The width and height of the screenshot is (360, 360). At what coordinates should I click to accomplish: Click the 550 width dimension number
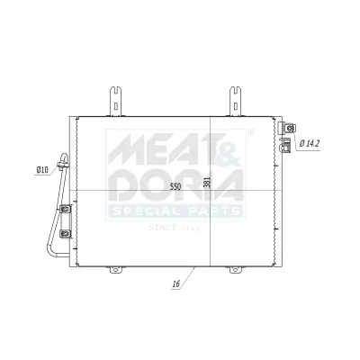175,186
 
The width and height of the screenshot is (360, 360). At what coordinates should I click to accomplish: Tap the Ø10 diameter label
42,170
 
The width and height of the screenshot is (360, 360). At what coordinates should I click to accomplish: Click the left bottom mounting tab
113,269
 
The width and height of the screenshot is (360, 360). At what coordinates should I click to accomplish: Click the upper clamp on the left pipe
66,211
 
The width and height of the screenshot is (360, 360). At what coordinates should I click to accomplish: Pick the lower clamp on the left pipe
66,235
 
